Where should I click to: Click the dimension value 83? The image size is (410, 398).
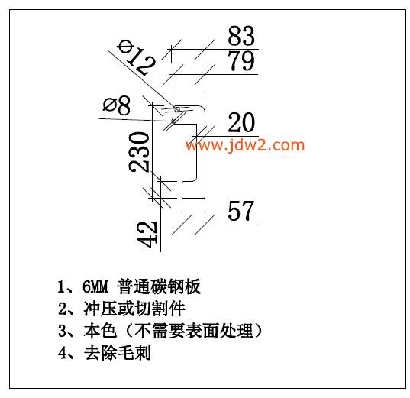(241, 36)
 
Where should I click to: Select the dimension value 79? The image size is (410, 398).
(241, 61)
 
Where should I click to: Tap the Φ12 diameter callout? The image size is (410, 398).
(137, 57)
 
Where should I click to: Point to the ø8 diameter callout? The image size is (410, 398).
(117, 105)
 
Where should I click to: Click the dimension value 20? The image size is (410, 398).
(241, 122)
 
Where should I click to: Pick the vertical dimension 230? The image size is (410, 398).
(139, 152)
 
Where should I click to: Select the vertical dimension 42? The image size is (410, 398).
(147, 235)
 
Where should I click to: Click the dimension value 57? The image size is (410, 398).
(241, 211)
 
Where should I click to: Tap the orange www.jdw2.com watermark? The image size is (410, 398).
(245, 144)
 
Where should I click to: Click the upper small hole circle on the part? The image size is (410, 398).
(177, 110)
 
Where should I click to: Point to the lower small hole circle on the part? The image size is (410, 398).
(174, 121)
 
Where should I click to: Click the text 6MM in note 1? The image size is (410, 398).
(95, 286)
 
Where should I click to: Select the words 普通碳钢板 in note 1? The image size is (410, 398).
(159, 286)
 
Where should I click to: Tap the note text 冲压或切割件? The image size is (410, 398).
(134, 309)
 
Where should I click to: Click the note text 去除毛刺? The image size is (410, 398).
(118, 353)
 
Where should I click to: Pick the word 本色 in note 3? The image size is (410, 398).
(100, 331)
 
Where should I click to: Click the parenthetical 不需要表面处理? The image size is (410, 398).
(194, 331)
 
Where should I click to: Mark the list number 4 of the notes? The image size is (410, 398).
(63, 353)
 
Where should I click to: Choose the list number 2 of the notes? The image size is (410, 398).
(63, 309)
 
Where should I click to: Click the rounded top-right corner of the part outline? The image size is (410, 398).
(203, 108)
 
